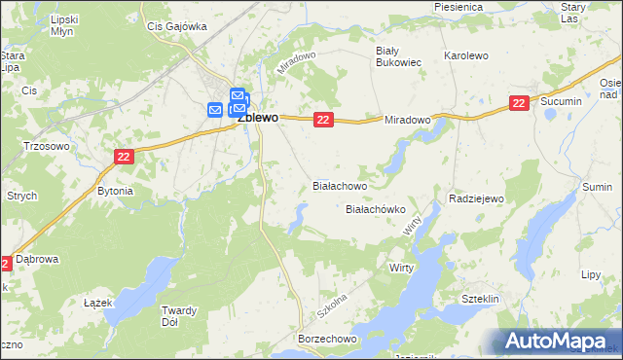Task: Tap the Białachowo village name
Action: click(x=340, y=185)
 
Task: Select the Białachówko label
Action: click(x=376, y=209)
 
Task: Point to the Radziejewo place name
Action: click(x=476, y=198)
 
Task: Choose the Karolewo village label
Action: click(x=465, y=56)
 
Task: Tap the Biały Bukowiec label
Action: click(x=398, y=54)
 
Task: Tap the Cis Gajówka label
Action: click(x=176, y=27)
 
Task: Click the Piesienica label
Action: click(x=458, y=7)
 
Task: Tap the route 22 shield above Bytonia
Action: click(x=124, y=157)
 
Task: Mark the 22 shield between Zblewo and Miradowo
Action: click(x=324, y=119)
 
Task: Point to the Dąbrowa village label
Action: click(x=41, y=260)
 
